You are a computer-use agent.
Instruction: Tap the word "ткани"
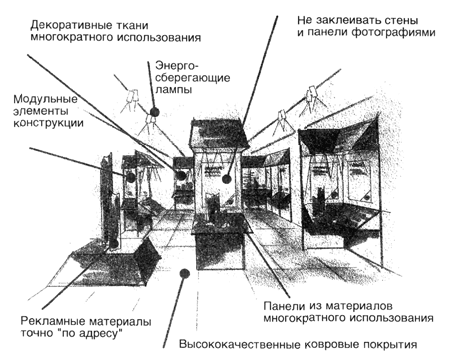click(133, 26)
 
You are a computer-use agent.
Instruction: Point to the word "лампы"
click(173, 89)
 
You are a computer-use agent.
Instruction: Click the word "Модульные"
click(45, 100)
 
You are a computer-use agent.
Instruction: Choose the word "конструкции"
click(48, 123)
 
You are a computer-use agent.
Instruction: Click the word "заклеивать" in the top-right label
click(349, 20)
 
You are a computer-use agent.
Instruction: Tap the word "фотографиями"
click(394, 33)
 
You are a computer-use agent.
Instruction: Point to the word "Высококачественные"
click(241, 344)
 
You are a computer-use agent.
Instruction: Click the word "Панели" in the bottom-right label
click(284, 306)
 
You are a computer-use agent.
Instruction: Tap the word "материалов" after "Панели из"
click(358, 306)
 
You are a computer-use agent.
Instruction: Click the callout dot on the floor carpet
click(184, 274)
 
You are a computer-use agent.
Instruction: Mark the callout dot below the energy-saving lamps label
click(154, 112)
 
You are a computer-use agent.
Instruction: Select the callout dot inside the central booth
click(227, 179)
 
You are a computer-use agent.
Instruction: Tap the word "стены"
click(402, 20)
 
